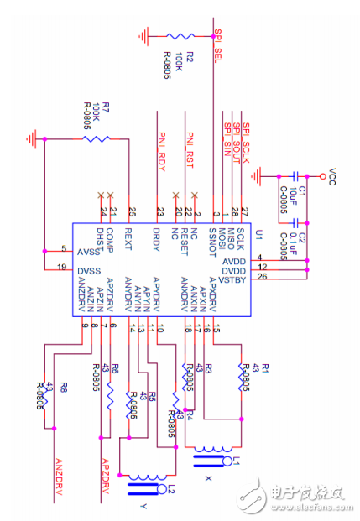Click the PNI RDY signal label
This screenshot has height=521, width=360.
pos(161,148)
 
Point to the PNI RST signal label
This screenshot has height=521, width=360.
pos(190,148)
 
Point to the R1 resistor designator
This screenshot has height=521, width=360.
pos(266,367)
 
